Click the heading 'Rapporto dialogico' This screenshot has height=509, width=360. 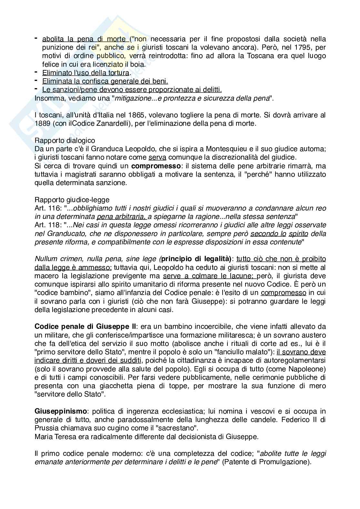[x=65, y=141]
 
